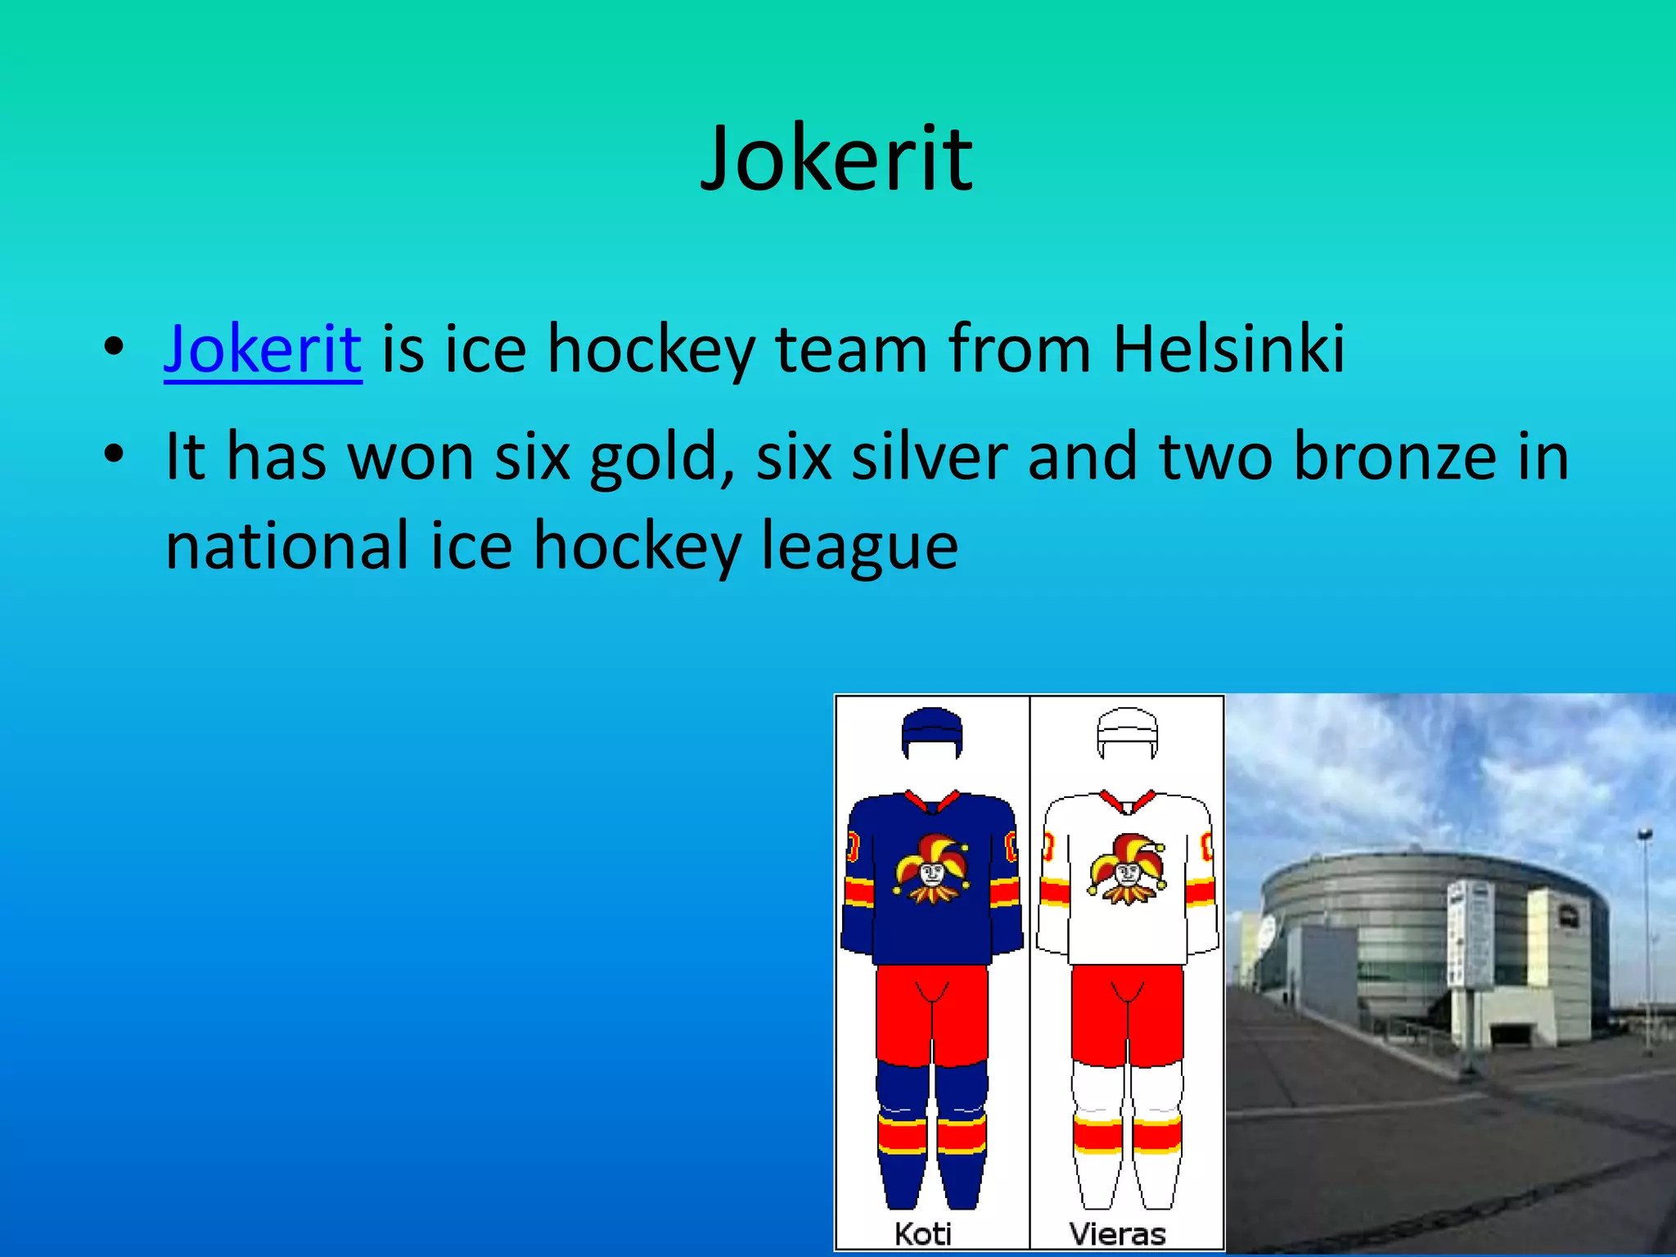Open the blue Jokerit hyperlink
click(263, 349)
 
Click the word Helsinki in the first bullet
click(1228, 349)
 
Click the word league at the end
click(859, 547)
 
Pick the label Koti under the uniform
click(923, 1233)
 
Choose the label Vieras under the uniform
click(1118, 1233)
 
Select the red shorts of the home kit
click(931, 1015)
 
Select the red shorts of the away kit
click(1127, 1015)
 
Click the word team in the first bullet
click(851, 349)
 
